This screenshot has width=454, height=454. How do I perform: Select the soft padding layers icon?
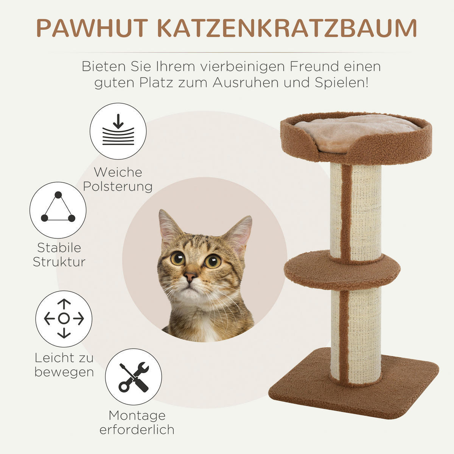118,131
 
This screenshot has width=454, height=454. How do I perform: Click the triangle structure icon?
58,210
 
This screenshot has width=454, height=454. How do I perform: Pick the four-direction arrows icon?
64,319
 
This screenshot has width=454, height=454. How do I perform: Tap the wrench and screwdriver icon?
134,377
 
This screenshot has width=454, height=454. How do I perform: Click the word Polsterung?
118,187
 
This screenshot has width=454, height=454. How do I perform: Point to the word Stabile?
59,247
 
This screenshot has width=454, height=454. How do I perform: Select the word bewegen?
64,372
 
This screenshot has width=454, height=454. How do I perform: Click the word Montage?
137,415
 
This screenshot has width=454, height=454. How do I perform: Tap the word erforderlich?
137,430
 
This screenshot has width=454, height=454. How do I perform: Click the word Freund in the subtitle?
314,67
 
